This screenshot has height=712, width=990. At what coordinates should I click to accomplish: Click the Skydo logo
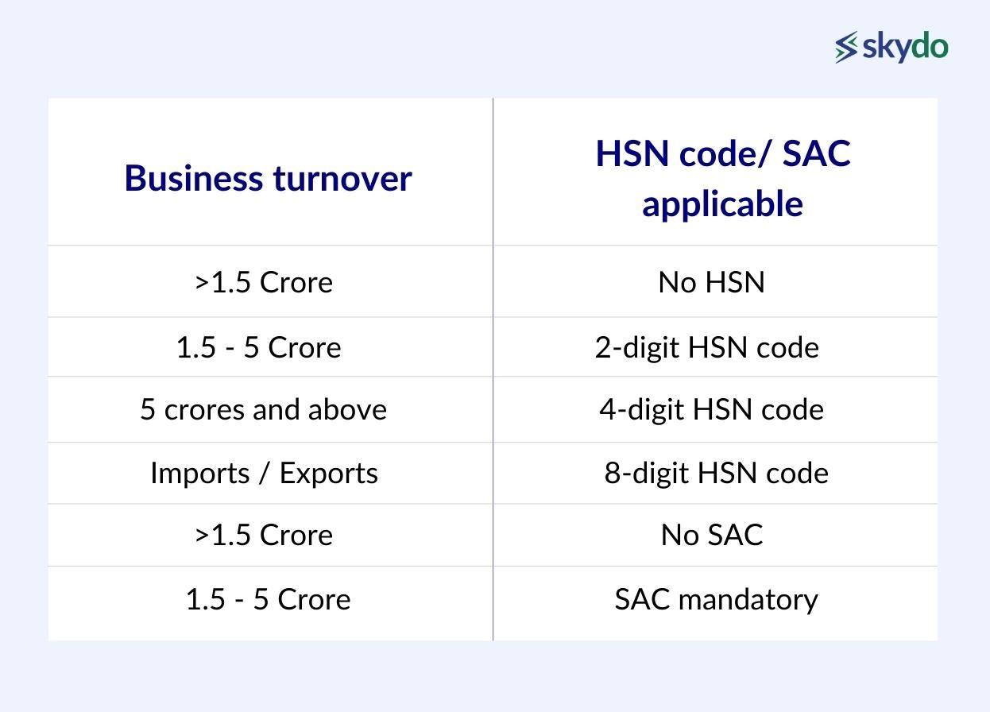891,47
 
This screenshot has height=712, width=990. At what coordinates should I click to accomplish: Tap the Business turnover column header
269,178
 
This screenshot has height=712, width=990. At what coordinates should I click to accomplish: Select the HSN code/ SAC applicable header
722,178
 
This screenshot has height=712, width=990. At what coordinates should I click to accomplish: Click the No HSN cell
711,282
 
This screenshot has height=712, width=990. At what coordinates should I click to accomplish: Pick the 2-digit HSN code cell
706,347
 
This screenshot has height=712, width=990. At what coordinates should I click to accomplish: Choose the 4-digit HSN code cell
711,409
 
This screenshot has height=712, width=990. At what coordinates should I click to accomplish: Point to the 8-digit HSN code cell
716,473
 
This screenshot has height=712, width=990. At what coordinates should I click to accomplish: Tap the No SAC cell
711,535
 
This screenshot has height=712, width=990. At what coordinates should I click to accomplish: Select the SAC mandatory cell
716,599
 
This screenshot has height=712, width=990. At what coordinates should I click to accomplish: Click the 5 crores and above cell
264,409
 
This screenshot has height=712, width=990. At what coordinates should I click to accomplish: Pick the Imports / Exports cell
264,473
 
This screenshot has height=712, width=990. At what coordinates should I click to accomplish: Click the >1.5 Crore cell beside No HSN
264,282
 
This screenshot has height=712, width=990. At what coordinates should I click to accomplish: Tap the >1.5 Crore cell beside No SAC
264,535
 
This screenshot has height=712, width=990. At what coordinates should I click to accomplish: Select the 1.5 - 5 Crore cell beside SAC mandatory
268,599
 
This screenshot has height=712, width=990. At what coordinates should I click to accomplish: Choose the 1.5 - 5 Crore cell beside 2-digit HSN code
259,347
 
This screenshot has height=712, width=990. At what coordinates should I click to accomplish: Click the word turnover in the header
342,179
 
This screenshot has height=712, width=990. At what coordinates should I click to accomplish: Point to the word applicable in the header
722,204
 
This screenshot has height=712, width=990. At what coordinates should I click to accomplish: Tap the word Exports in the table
328,473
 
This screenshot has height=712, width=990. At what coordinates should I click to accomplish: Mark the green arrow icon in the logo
846,47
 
